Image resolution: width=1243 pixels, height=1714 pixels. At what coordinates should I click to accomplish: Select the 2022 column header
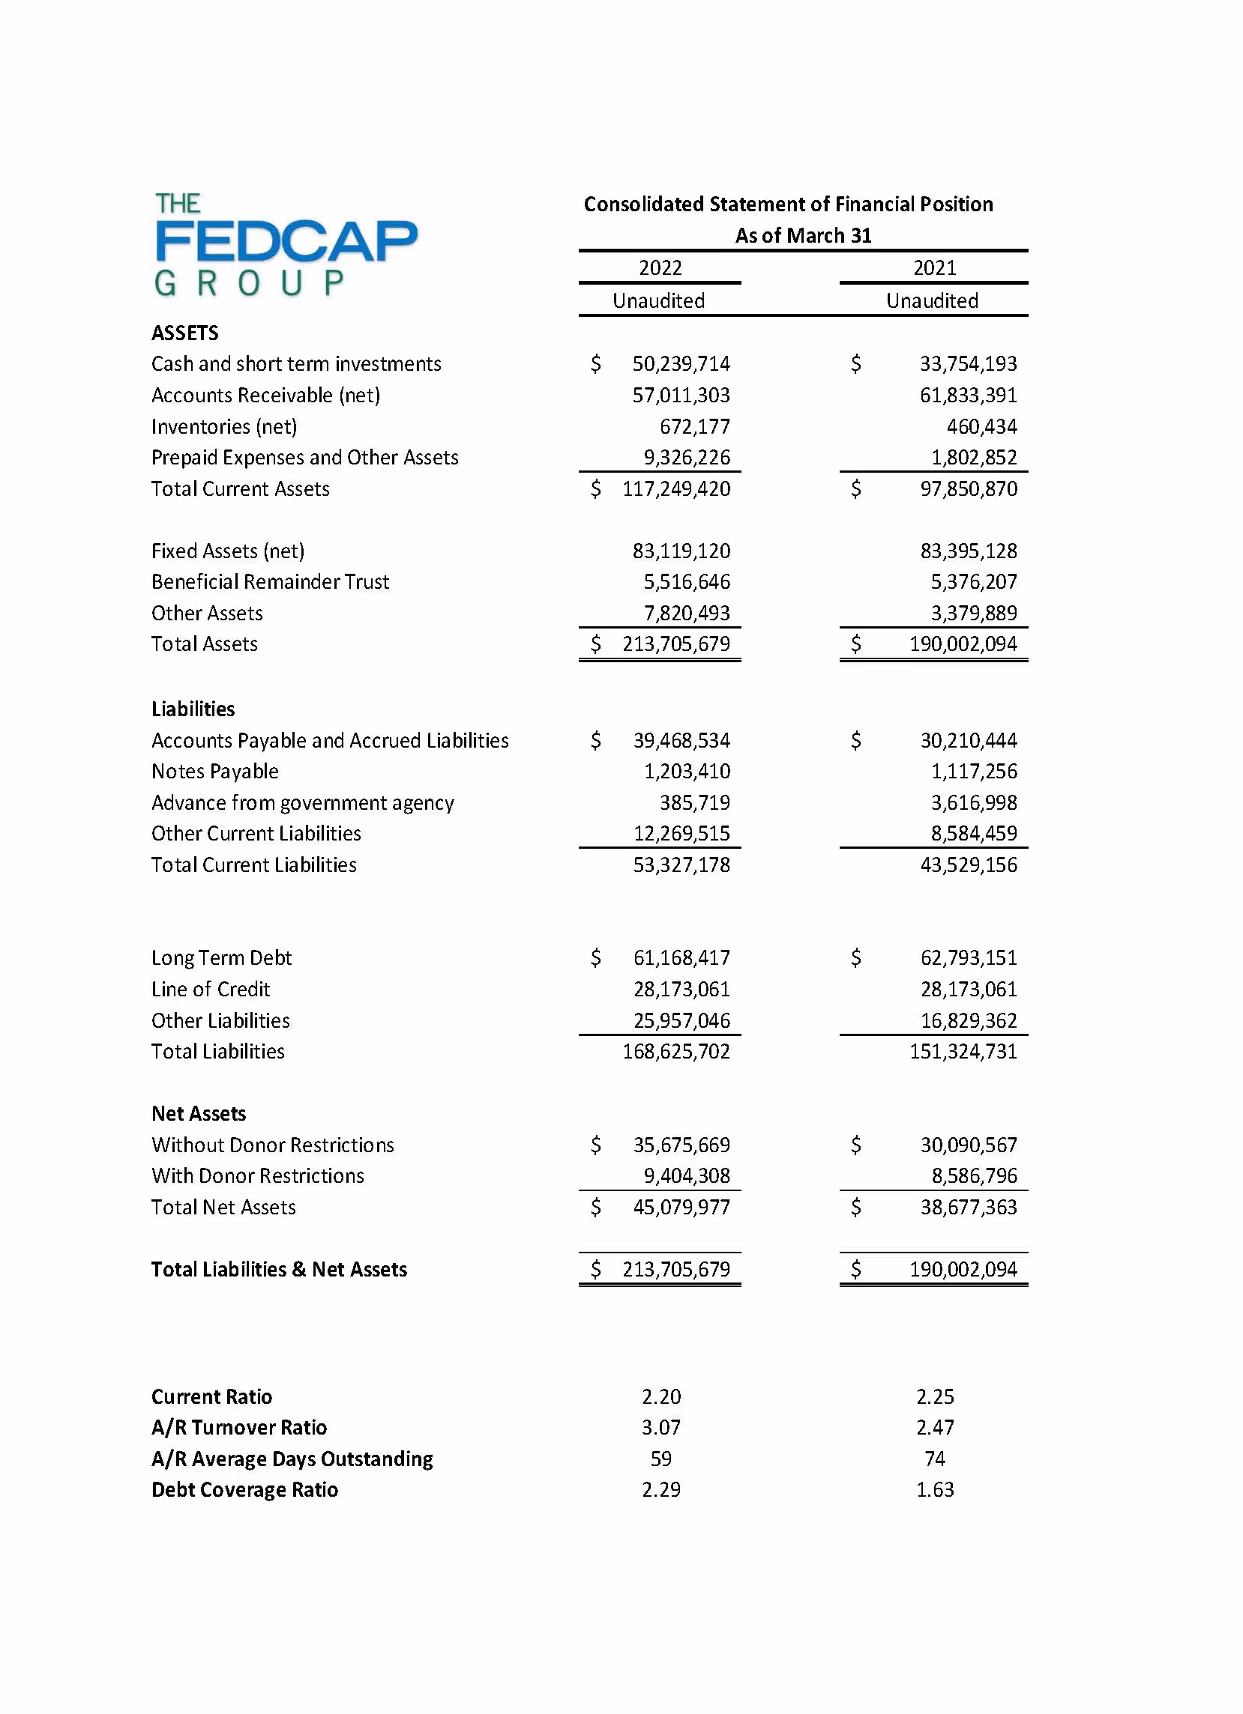point(660,268)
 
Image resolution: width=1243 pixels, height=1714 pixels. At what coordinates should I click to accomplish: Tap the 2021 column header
point(935,268)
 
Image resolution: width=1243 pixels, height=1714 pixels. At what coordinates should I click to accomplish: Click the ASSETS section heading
point(185,333)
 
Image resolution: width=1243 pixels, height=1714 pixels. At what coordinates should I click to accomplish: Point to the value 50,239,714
point(681,364)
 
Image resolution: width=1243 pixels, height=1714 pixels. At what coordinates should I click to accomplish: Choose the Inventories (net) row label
point(224,427)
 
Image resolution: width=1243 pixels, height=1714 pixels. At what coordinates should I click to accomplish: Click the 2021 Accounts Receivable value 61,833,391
point(968,396)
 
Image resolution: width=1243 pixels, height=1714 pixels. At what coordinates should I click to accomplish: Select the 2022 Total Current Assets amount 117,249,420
point(676,489)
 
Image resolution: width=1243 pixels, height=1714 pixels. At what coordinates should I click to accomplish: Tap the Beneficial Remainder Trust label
point(270,582)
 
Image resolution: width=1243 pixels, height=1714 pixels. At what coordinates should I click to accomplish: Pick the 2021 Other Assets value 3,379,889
point(973,613)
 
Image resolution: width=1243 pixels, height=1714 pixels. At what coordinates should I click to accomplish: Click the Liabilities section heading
point(193,709)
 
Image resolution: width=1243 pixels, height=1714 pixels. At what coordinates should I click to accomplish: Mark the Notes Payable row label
point(214,772)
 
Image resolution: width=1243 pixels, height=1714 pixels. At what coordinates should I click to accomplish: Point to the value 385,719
point(695,802)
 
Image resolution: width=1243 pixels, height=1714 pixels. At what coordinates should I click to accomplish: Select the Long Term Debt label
point(221,958)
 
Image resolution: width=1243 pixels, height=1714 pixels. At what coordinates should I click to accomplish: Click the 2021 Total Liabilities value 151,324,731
point(963,1051)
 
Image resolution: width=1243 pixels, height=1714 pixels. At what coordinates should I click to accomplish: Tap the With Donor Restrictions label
point(258,1176)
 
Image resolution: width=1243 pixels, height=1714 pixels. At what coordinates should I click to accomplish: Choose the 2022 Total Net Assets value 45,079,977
point(681,1207)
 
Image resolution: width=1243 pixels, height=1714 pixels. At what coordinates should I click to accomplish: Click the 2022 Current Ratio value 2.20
point(660,1396)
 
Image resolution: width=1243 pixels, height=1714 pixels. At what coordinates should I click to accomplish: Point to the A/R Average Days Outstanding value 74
point(935,1459)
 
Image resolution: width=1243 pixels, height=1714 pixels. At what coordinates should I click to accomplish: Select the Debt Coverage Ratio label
point(245,1489)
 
